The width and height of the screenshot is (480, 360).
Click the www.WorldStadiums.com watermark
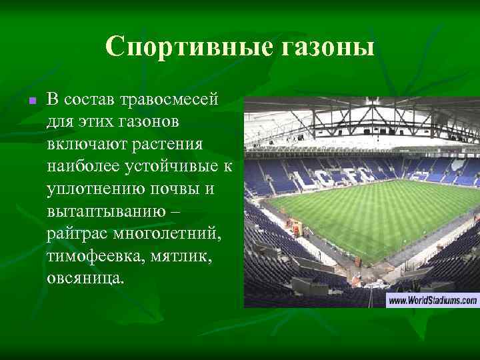433,301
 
